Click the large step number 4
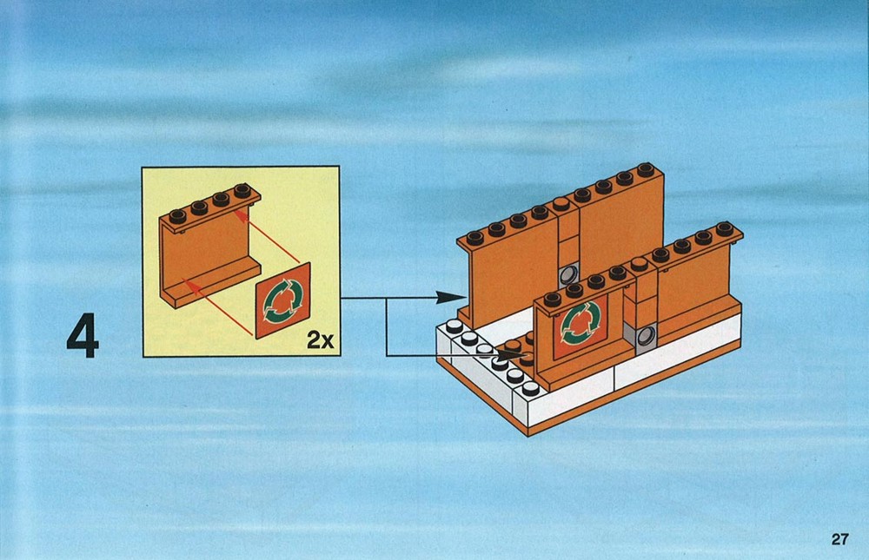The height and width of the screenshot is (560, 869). pyautogui.click(x=83, y=336)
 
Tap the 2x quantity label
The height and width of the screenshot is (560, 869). pyautogui.click(x=321, y=339)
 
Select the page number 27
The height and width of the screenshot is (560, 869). pyautogui.click(x=839, y=539)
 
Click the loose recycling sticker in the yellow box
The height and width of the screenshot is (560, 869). pyautogui.click(x=282, y=300)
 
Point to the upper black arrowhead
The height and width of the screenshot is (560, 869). pyautogui.click(x=450, y=298)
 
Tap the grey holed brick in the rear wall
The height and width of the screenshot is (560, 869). pyautogui.click(x=568, y=274)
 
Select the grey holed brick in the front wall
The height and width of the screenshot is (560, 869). pyautogui.click(x=644, y=336)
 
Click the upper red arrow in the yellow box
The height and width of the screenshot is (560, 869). pyautogui.click(x=267, y=235)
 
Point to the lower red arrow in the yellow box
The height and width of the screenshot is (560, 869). pyautogui.click(x=218, y=307)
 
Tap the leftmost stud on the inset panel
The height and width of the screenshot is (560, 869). pyautogui.click(x=178, y=216)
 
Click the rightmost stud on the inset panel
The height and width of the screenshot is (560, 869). pyautogui.click(x=242, y=190)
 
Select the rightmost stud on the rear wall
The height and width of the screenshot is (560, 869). pyautogui.click(x=645, y=169)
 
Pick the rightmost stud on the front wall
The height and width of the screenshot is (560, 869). pyautogui.click(x=725, y=228)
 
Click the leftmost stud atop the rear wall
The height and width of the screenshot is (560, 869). pyautogui.click(x=475, y=238)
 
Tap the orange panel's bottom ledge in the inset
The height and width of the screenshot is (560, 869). pyautogui.click(x=214, y=286)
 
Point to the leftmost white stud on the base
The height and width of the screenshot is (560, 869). pyautogui.click(x=454, y=326)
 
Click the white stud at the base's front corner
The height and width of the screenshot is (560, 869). pyautogui.click(x=531, y=388)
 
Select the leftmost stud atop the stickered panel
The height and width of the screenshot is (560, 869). pyautogui.click(x=553, y=300)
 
